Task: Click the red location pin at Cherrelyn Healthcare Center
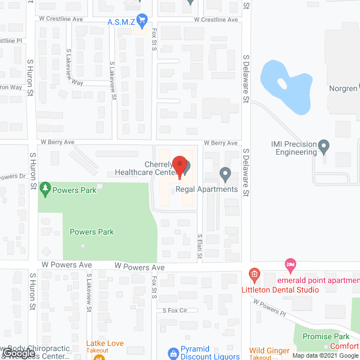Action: click(x=179, y=164)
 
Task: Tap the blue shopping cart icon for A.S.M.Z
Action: click(x=142, y=21)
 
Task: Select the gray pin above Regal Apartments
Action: click(x=225, y=175)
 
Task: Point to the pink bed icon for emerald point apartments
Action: click(x=290, y=264)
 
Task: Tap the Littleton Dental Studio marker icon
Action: click(x=254, y=276)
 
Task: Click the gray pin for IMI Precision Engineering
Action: click(x=323, y=147)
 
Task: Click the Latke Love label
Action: click(x=105, y=343)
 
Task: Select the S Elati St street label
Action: click(x=199, y=247)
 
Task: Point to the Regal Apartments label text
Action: click(x=207, y=189)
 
